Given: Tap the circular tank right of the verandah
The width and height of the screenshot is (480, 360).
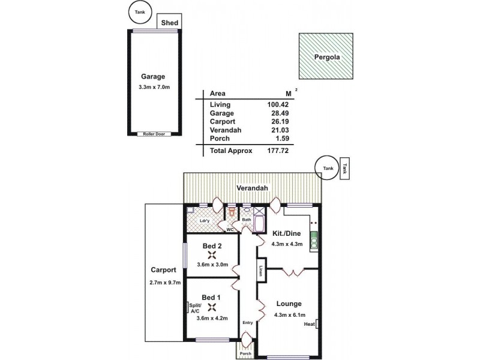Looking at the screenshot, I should tap(328, 169).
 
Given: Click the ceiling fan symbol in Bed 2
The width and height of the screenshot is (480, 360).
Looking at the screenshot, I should tap(211, 254).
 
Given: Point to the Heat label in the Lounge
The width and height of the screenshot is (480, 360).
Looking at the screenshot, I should tap(310, 325).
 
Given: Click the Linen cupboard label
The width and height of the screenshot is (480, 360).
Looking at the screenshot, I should tap(262, 271).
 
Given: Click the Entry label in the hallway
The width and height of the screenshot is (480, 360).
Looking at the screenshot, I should tap(247, 323).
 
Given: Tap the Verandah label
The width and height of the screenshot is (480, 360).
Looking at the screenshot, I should tap(252, 188).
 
